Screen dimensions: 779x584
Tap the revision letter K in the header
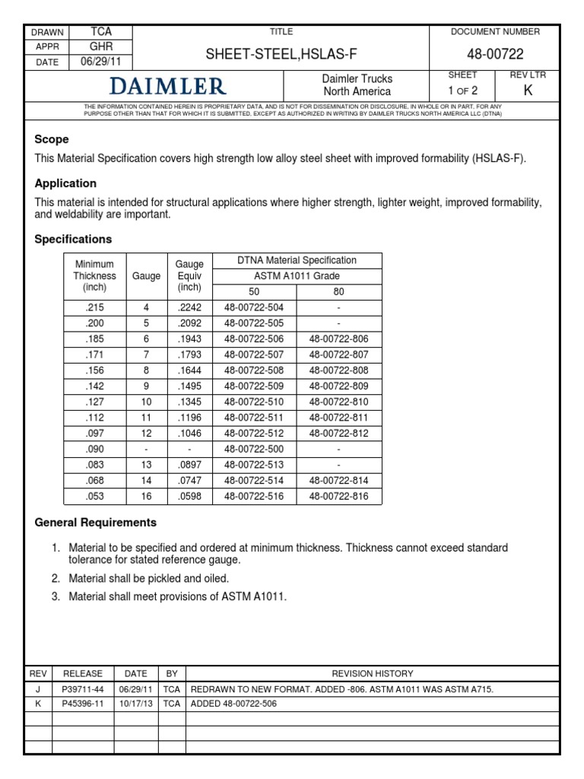pyautogui.click(x=528, y=91)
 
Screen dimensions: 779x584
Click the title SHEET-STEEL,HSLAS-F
pyautogui.click(x=281, y=53)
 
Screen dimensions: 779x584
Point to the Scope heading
pyautogui.click(x=52, y=139)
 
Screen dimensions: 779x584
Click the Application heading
pyautogui.click(x=65, y=183)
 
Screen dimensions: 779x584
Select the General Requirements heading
pyautogui.click(x=96, y=523)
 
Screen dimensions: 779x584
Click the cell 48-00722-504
pyautogui.click(x=255, y=307)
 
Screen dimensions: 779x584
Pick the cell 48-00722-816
pyautogui.click(x=338, y=496)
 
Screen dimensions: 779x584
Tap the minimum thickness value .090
pyautogui.click(x=94, y=449)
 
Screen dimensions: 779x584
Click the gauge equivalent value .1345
pyautogui.click(x=189, y=402)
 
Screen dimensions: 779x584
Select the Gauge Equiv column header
pyautogui.click(x=189, y=275)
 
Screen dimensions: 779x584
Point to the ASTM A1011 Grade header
pyautogui.click(x=297, y=275)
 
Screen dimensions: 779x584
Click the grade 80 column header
pyautogui.click(x=338, y=291)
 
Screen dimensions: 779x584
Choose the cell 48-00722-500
pyautogui.click(x=255, y=449)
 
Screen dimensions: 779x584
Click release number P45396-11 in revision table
pyautogui.click(x=82, y=704)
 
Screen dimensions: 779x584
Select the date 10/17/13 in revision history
pyautogui.click(x=136, y=704)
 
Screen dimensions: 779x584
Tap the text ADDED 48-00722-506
pyautogui.click(x=234, y=704)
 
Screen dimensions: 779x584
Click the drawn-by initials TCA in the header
pyautogui.click(x=101, y=32)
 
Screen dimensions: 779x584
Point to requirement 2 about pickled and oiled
pyautogui.click(x=148, y=578)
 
